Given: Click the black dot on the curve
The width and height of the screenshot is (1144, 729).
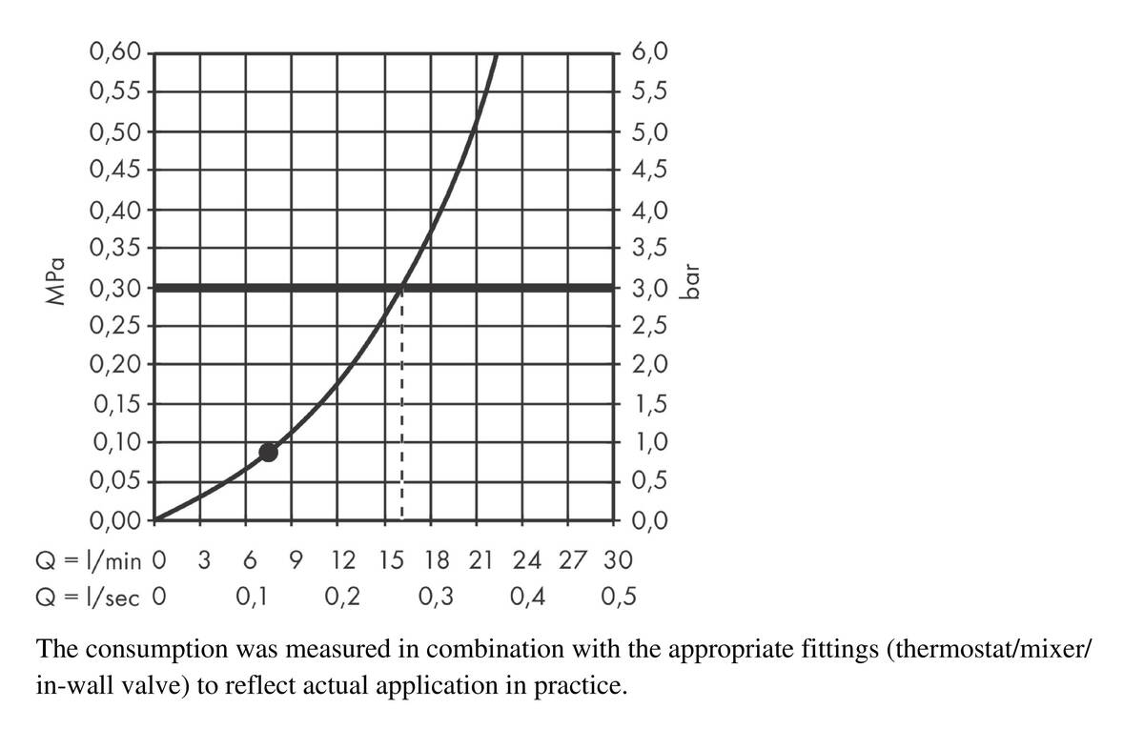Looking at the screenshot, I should click(x=269, y=452).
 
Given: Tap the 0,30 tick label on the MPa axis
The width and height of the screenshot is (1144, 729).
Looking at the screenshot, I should click(x=114, y=287).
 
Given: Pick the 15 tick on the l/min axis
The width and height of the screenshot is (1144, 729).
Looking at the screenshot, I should click(x=391, y=559).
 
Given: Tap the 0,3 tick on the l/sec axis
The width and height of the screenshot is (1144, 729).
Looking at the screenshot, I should click(x=436, y=597).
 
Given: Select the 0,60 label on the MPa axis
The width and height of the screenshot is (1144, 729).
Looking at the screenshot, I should click(x=114, y=52).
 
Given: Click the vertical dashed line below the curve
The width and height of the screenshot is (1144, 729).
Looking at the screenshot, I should click(x=402, y=410).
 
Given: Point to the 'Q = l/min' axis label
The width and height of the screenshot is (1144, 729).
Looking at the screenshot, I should click(x=91, y=559).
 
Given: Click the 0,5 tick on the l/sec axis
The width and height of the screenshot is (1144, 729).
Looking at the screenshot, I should click(x=621, y=597).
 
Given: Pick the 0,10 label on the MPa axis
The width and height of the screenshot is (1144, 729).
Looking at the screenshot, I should click(x=114, y=442).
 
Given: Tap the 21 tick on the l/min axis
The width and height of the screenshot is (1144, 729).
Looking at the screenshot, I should click(x=482, y=559).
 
